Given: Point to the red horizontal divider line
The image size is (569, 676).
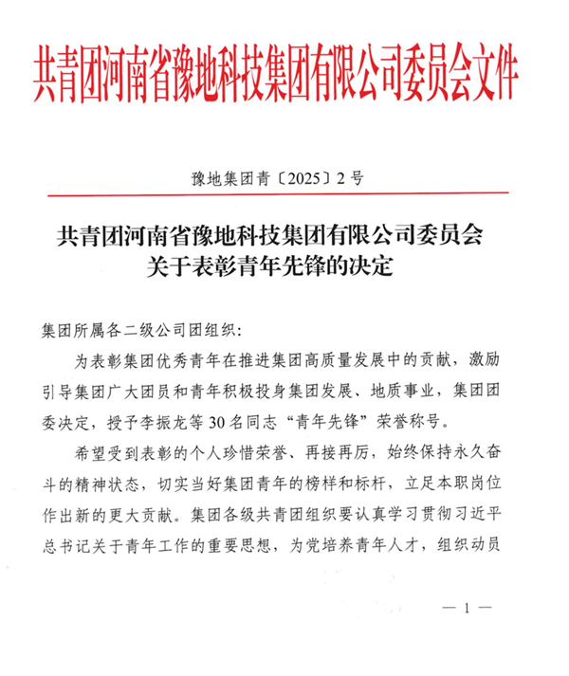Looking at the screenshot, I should pyautogui.click(x=284, y=193).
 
